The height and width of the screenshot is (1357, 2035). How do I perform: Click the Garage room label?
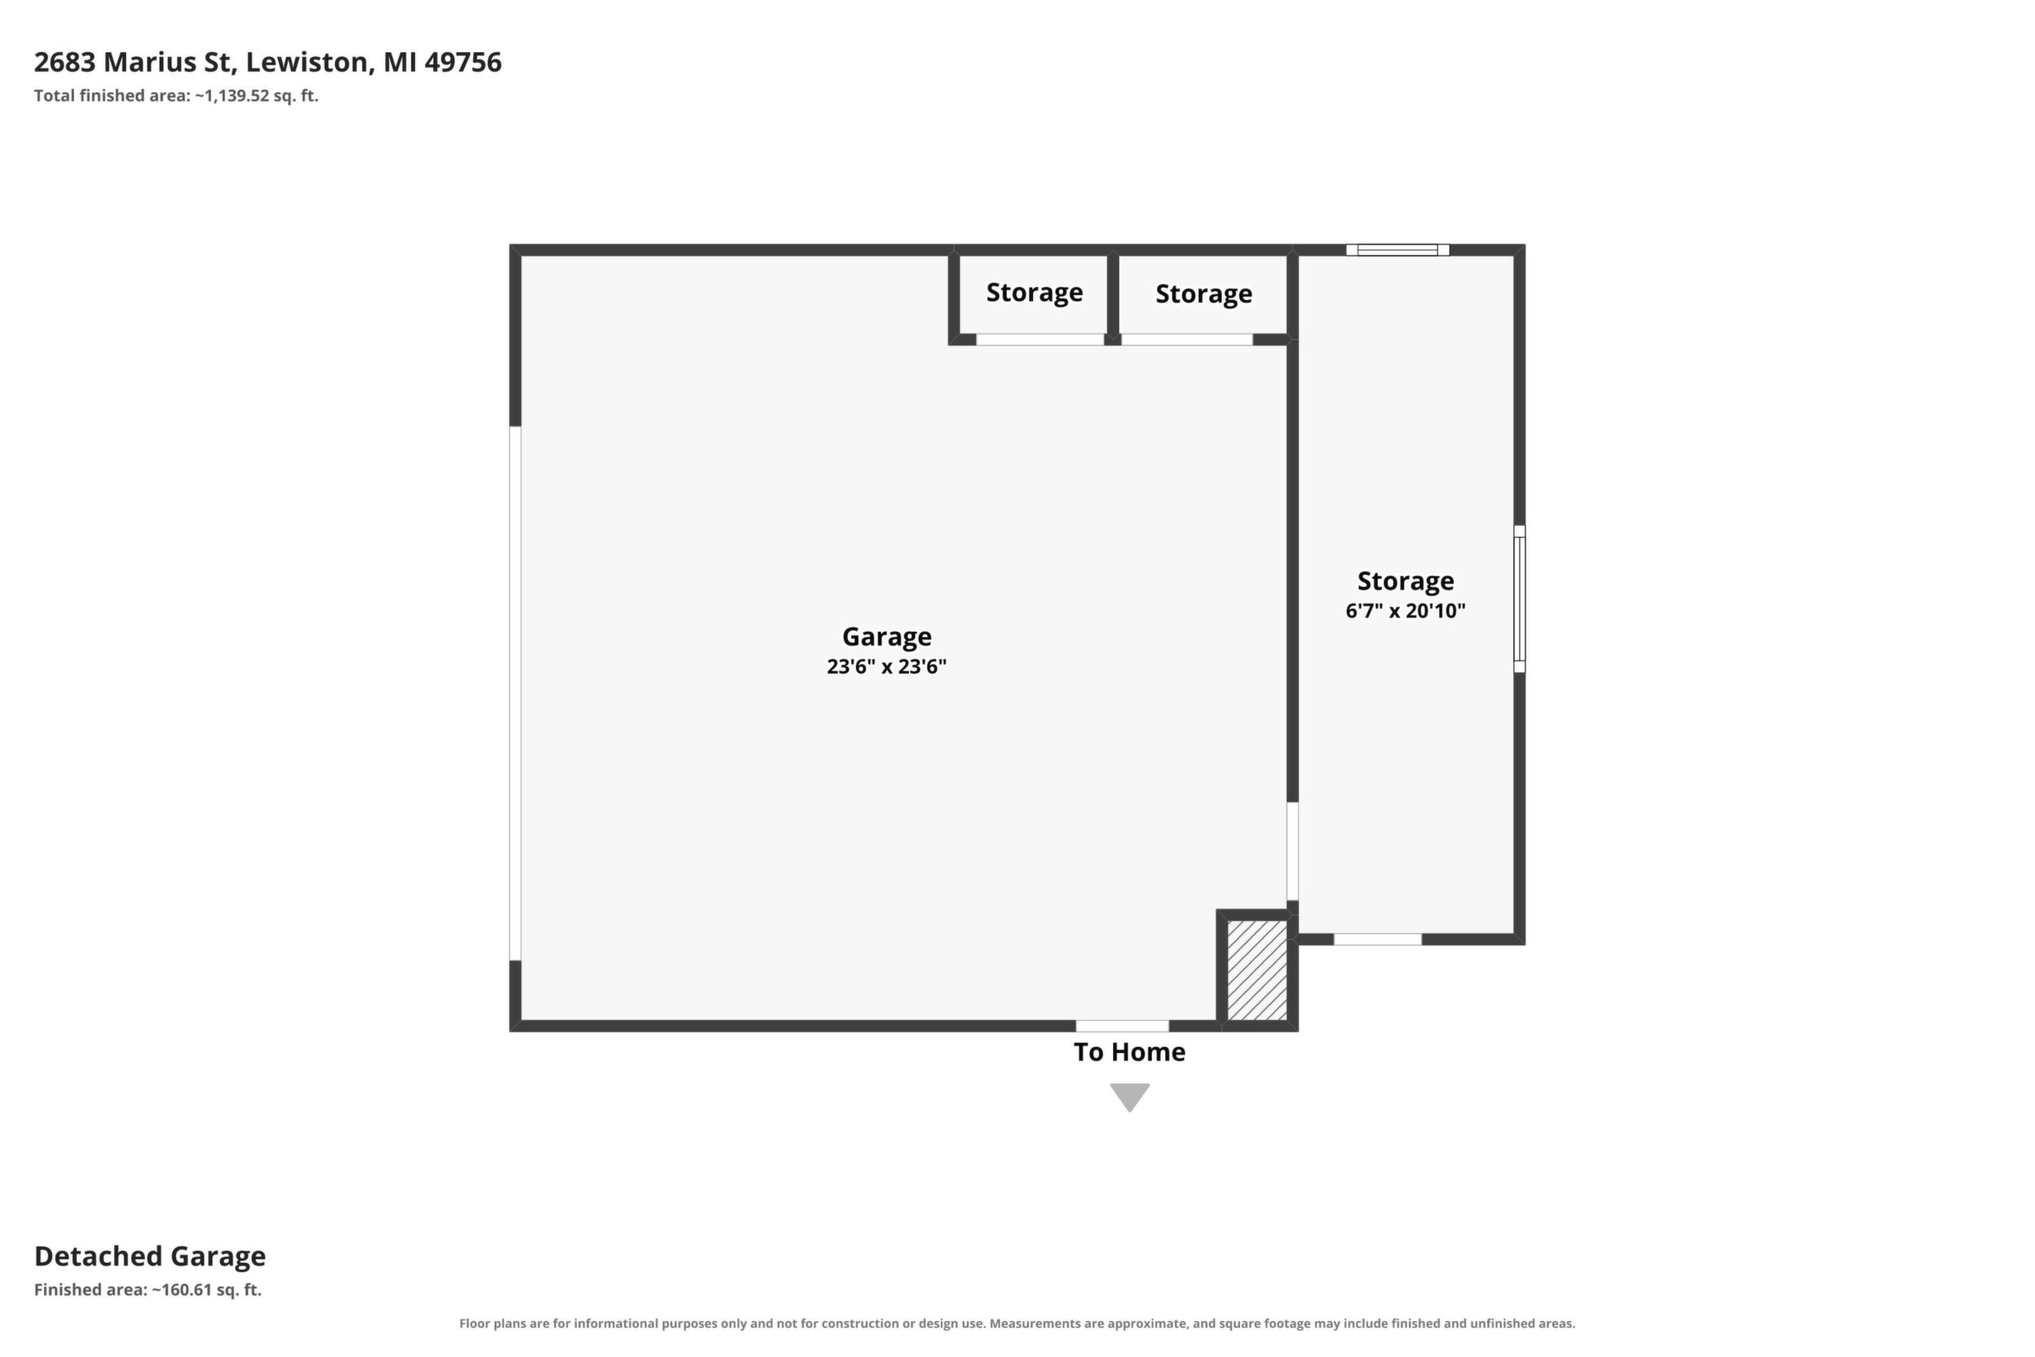[887, 638]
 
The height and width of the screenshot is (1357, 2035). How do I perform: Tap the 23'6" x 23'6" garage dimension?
[887, 666]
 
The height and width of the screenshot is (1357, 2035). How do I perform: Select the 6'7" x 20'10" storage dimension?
[1405, 611]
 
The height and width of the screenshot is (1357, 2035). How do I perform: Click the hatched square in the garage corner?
[1257, 970]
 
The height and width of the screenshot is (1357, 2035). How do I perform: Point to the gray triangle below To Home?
[1130, 1096]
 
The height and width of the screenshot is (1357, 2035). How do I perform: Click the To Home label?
[1129, 1051]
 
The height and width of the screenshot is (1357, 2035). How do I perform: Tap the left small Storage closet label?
[1034, 293]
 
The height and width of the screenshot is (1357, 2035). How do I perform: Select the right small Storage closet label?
[1203, 294]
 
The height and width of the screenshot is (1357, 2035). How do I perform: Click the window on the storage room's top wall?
[1397, 250]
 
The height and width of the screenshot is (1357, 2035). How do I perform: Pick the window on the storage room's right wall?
[1520, 598]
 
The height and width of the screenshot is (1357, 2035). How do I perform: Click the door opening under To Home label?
[1122, 1026]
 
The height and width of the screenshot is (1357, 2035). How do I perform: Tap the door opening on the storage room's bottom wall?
[1377, 939]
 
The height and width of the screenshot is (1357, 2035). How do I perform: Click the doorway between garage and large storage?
[1292, 851]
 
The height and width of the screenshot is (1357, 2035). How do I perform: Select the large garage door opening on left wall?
[514, 693]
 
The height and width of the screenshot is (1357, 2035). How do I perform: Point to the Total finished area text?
[176, 96]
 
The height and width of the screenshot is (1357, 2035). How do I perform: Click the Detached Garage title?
[150, 1256]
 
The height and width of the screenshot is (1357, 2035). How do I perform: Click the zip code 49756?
[463, 62]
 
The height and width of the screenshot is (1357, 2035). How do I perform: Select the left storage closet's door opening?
[1040, 339]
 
